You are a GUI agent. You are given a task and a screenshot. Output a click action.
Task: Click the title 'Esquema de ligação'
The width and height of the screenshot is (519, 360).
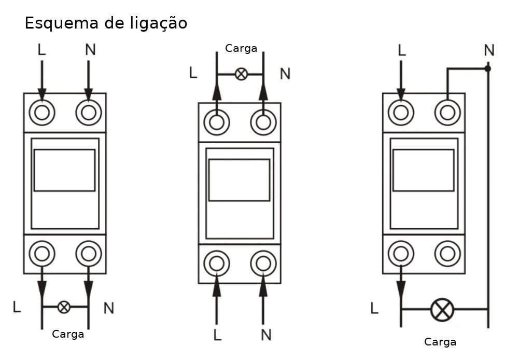(x=106, y=23)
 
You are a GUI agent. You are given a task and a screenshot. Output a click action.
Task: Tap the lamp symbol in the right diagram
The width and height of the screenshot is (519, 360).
(x=442, y=310)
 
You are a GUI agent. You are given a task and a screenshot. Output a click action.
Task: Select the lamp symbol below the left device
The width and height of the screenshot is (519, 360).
(x=64, y=307)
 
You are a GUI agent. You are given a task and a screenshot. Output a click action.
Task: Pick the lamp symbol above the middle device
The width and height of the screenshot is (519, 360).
(x=241, y=74)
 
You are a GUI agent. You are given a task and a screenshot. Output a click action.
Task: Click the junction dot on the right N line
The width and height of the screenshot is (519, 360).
(x=487, y=68)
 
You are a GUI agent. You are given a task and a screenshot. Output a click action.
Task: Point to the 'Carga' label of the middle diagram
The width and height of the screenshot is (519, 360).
(x=241, y=48)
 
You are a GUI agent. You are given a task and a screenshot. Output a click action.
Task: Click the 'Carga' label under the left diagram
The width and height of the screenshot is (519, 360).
(x=68, y=334)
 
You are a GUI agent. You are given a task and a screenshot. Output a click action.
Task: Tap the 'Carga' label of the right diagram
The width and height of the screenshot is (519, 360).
(x=440, y=342)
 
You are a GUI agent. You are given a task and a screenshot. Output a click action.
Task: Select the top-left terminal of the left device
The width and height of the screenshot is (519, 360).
(x=42, y=113)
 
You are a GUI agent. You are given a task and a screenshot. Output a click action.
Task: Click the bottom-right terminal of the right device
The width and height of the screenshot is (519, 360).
(x=447, y=254)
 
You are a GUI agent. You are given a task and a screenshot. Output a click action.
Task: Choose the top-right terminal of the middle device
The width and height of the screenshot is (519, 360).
(x=263, y=122)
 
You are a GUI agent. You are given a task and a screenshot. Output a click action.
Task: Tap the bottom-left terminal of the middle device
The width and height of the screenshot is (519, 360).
(x=217, y=264)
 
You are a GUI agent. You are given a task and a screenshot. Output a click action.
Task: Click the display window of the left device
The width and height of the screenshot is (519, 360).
(x=64, y=170)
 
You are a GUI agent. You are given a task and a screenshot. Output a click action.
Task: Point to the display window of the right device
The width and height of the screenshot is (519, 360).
(x=423, y=170)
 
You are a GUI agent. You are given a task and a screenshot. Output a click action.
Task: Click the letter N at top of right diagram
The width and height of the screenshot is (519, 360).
(x=489, y=50)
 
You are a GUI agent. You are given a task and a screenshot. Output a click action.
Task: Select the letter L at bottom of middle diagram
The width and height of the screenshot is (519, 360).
(x=217, y=335)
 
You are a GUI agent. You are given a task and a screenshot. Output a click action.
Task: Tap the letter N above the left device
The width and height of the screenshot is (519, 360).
(x=90, y=50)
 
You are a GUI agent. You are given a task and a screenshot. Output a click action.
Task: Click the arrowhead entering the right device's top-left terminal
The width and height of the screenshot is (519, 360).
(x=401, y=94)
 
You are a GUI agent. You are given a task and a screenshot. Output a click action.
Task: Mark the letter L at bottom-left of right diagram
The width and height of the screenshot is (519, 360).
(x=374, y=309)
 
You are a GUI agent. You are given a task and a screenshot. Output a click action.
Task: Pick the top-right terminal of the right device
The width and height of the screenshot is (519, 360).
(x=447, y=113)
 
